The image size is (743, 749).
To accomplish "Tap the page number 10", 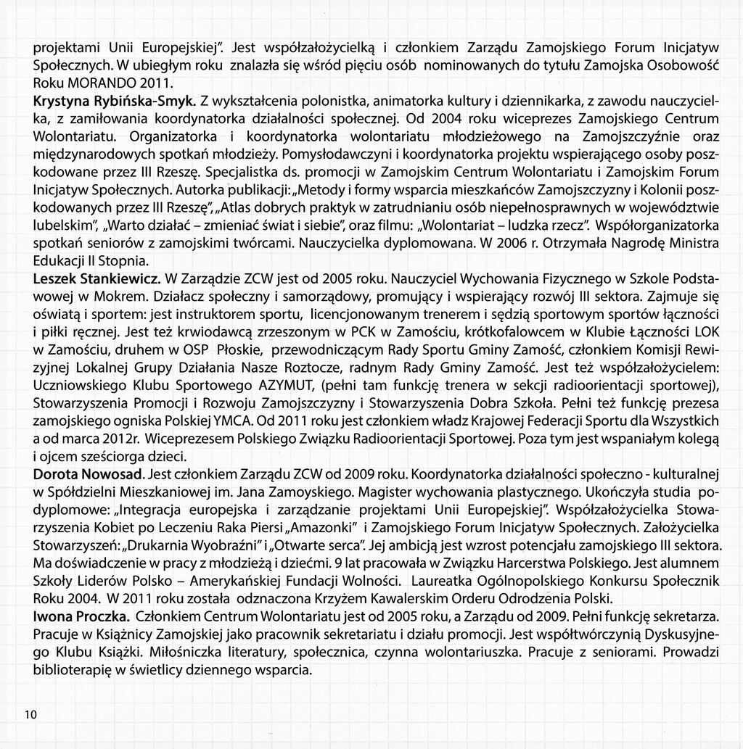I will tap(30, 714).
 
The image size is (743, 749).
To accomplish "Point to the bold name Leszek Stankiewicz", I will tap(98, 278).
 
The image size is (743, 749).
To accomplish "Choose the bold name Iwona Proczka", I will tap(81, 616).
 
